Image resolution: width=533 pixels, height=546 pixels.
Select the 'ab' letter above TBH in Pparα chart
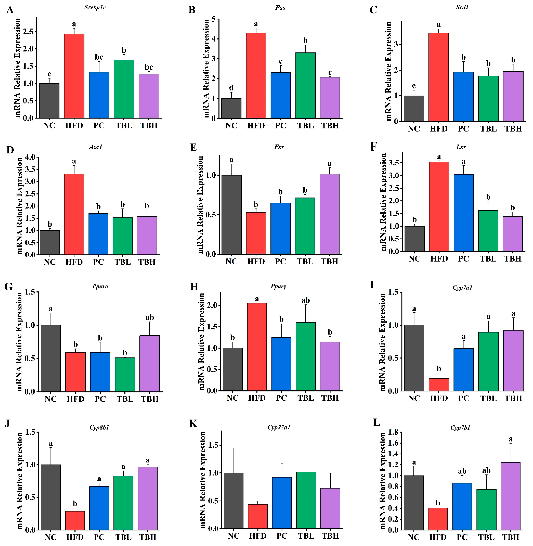(150, 317)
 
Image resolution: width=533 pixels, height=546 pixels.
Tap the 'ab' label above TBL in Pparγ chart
(305, 300)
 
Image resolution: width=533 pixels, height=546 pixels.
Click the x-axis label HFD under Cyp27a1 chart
(258, 536)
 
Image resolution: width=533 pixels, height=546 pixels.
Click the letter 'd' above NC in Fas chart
(231, 88)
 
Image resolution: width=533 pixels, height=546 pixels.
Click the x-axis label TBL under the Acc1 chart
(123, 262)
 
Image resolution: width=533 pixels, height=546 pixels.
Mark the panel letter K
(193, 423)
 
